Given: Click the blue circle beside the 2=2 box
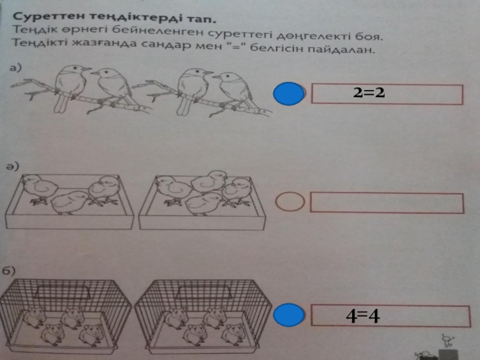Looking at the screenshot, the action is click(x=289, y=94).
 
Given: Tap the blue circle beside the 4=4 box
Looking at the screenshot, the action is click(x=289, y=314).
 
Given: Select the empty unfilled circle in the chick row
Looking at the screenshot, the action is click(x=290, y=202).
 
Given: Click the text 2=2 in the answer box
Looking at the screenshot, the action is click(x=368, y=92).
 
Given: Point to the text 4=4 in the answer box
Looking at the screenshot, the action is click(x=363, y=316).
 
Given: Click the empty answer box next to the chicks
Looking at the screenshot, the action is click(x=387, y=203).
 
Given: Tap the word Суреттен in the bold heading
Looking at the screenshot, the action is click(x=48, y=16).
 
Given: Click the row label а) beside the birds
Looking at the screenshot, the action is click(x=16, y=67).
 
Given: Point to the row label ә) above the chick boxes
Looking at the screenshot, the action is click(x=13, y=166).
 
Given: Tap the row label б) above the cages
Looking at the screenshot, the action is click(x=8, y=271).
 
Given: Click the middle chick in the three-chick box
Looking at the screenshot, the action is click(x=70, y=202).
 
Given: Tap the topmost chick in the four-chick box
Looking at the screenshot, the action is click(x=209, y=182).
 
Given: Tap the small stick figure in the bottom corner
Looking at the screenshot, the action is click(x=448, y=341).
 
